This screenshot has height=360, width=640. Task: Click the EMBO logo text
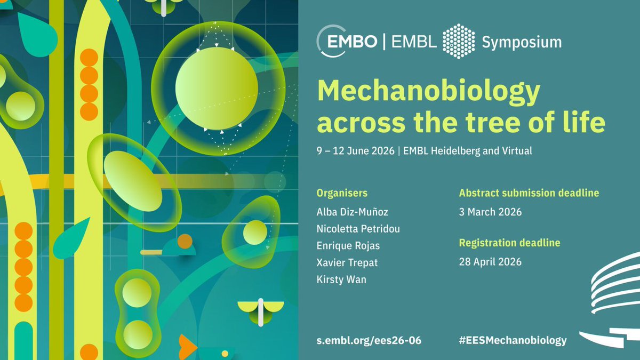[x=354, y=42]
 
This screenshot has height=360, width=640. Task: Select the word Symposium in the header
[x=522, y=42]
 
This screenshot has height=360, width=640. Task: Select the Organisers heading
[x=342, y=193]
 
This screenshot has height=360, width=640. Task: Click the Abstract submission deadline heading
[x=529, y=193]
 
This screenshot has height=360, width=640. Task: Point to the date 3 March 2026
[x=490, y=212]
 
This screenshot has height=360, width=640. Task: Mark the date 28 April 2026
[x=490, y=262]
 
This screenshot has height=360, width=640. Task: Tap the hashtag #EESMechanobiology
[x=513, y=340]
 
